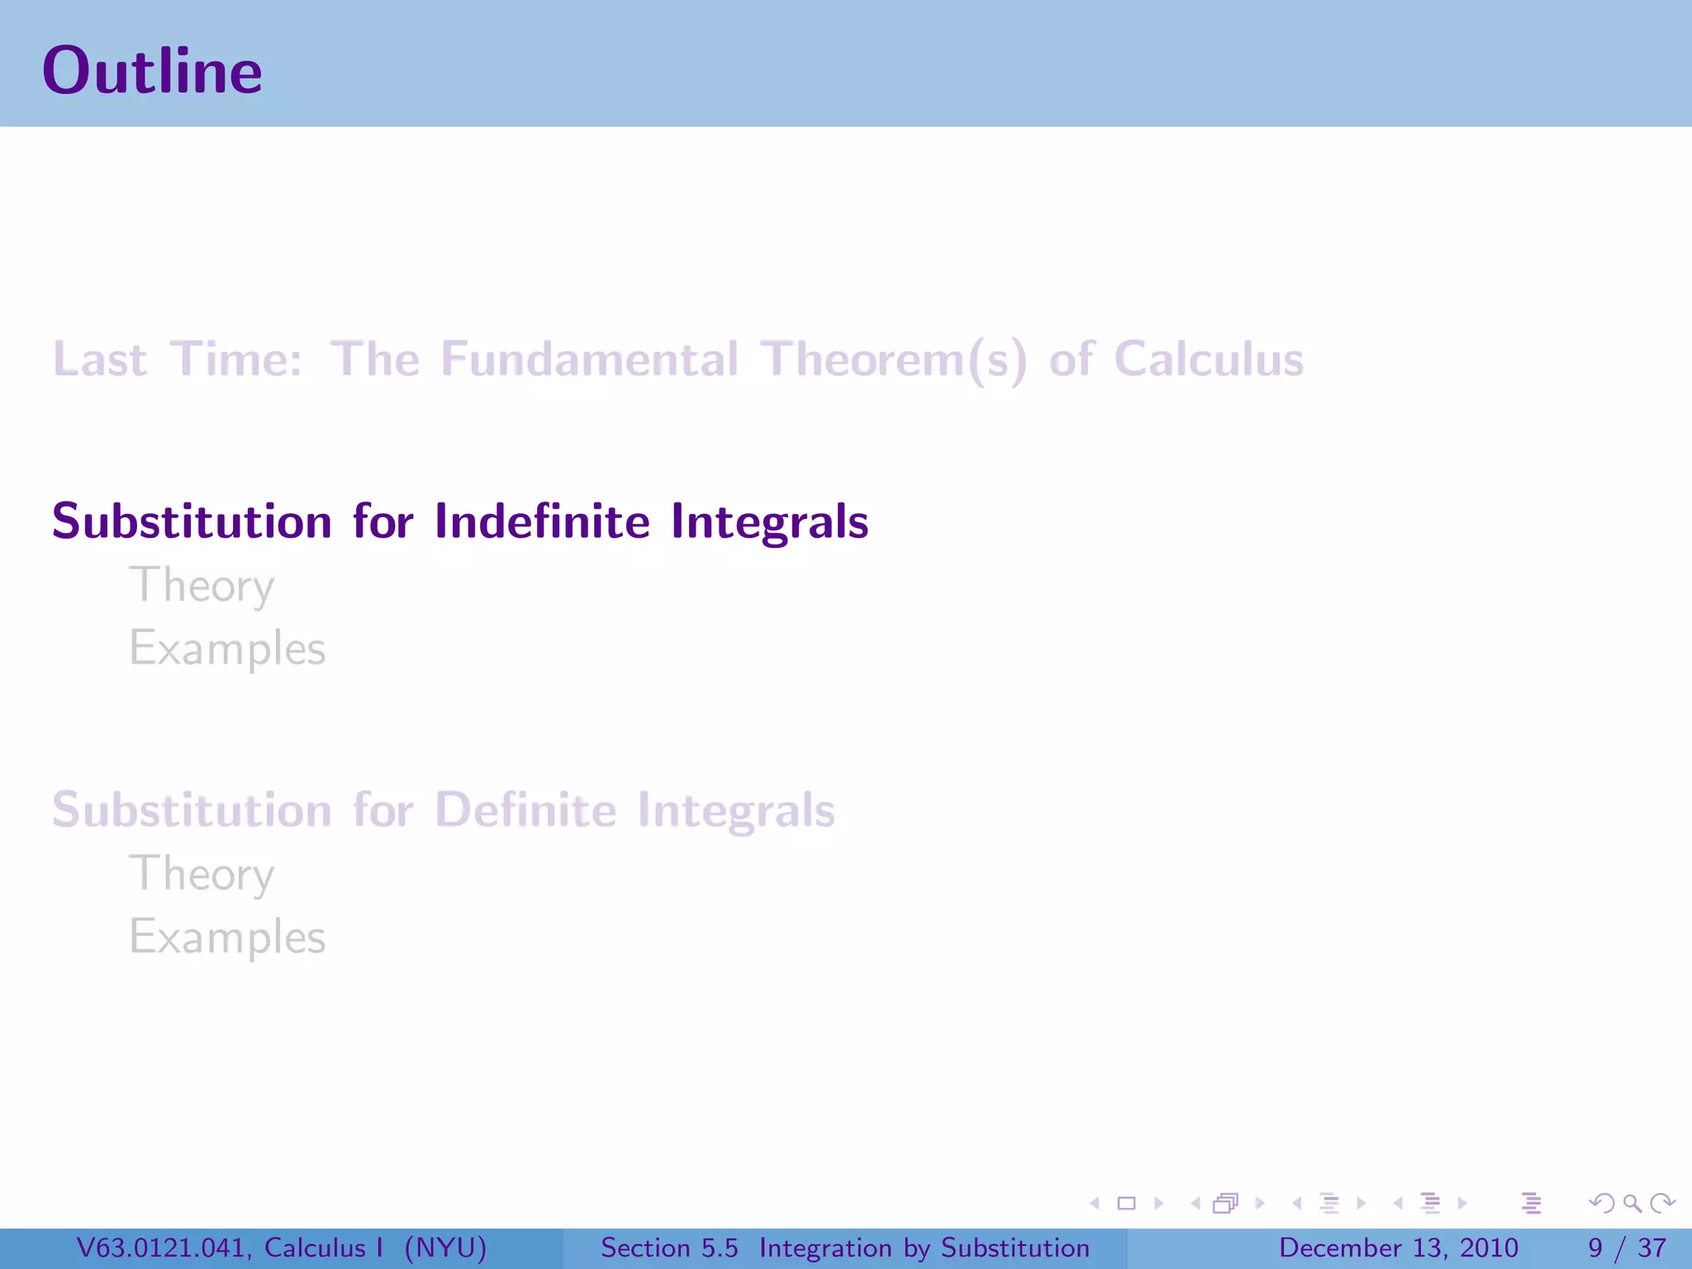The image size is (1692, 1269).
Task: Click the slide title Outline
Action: coord(152,71)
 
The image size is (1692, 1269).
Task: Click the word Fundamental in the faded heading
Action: coord(589,359)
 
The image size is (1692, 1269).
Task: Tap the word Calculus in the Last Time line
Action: coord(1208,359)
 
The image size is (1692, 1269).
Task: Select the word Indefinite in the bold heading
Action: coord(542,521)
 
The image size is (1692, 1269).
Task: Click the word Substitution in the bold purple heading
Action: coord(192,521)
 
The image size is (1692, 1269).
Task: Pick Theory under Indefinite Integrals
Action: coord(201,586)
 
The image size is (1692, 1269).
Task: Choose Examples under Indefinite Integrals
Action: coord(227,649)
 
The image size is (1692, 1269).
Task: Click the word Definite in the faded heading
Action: coord(525,810)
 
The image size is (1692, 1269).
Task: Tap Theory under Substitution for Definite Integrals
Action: coord(201,874)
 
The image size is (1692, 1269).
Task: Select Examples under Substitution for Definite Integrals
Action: coord(227,937)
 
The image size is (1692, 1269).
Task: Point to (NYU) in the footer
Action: coord(445,1248)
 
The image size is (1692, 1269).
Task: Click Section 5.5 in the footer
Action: coord(669,1248)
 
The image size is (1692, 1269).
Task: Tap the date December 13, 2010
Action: coord(1398,1248)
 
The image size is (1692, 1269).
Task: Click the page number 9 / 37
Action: coord(1626,1248)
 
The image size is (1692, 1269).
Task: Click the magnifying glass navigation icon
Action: coord(1632,1204)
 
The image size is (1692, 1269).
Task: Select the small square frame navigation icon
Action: coord(1126,1204)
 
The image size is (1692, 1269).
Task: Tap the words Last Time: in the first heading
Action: coord(178,359)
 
